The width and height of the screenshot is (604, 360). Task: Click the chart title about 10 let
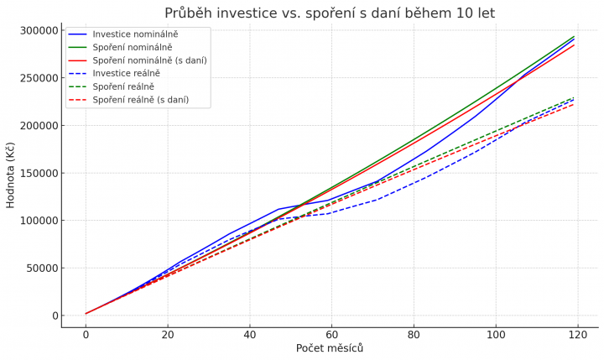[x=330, y=13]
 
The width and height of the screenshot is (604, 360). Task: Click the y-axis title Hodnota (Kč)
[x=11, y=175]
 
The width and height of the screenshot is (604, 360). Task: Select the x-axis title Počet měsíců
[x=330, y=347]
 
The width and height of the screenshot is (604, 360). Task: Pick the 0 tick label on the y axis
[x=54, y=316]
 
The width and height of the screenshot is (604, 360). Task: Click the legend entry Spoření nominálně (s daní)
[x=149, y=60]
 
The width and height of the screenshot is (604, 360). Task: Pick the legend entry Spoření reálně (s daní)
[x=140, y=100]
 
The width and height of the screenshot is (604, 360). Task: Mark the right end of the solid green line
[x=574, y=36]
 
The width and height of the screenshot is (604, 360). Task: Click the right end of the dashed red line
[x=574, y=105]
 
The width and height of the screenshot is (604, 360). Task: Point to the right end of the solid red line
[x=574, y=44]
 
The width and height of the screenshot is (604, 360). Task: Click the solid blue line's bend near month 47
[x=279, y=209]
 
